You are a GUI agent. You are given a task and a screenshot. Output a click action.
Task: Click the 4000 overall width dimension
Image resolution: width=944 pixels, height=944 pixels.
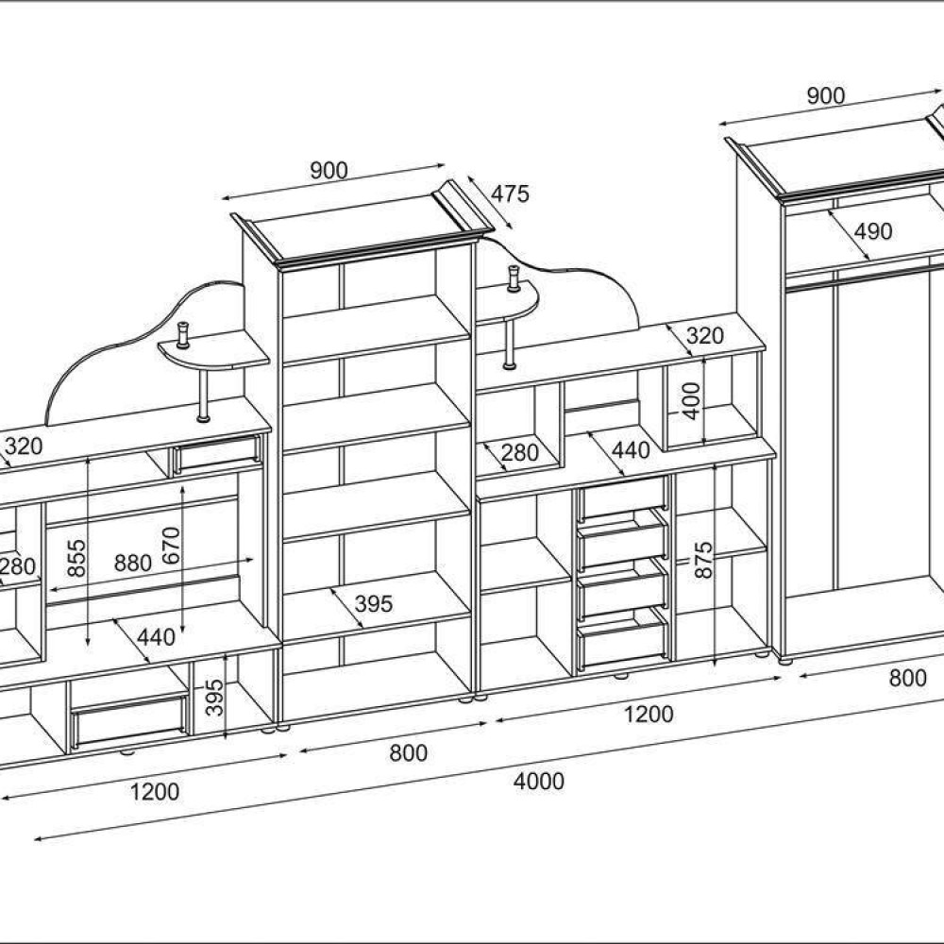pyautogui.click(x=539, y=782)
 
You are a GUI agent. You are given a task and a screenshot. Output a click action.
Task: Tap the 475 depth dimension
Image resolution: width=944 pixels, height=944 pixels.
pyautogui.click(x=510, y=194)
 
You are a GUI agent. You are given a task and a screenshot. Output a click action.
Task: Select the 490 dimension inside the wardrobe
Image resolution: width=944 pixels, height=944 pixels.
pyautogui.click(x=873, y=231)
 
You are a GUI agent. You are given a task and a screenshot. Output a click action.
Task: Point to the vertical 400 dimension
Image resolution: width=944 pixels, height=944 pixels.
pyautogui.click(x=692, y=400)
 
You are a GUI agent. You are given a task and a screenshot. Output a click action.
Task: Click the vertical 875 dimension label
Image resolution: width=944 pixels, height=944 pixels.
pyautogui.click(x=702, y=560)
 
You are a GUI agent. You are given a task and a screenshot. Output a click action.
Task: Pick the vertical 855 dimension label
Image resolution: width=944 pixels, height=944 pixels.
pyautogui.click(x=77, y=558)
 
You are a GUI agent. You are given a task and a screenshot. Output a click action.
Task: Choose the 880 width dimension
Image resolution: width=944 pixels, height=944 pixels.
pyautogui.click(x=132, y=563)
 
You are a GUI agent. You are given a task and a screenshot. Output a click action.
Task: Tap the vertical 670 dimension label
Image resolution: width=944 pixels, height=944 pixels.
pyautogui.click(x=171, y=546)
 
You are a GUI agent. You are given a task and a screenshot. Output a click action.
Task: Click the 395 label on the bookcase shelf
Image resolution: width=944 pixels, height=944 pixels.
pyautogui.click(x=373, y=603)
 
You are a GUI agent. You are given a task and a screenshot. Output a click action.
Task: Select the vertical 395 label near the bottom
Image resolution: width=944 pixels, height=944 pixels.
pyautogui.click(x=215, y=698)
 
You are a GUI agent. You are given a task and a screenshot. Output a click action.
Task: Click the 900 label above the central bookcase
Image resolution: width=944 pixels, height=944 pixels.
pyautogui.click(x=329, y=171)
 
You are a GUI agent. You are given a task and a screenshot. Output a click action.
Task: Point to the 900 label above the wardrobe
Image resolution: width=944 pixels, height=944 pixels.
pyautogui.click(x=825, y=95)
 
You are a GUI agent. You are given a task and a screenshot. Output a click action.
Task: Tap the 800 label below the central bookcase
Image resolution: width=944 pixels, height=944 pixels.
pyautogui.click(x=408, y=752)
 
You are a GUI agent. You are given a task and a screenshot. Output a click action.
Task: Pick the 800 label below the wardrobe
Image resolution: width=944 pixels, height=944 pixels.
pyautogui.click(x=907, y=679)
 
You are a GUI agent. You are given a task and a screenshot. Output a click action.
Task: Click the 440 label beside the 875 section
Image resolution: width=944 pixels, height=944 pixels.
pyautogui.click(x=631, y=450)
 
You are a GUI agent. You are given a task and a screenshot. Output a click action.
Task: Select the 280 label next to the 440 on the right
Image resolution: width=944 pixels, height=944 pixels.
pyautogui.click(x=519, y=452)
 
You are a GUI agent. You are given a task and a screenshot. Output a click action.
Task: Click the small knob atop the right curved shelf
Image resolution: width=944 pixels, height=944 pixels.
pyautogui.click(x=514, y=278)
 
